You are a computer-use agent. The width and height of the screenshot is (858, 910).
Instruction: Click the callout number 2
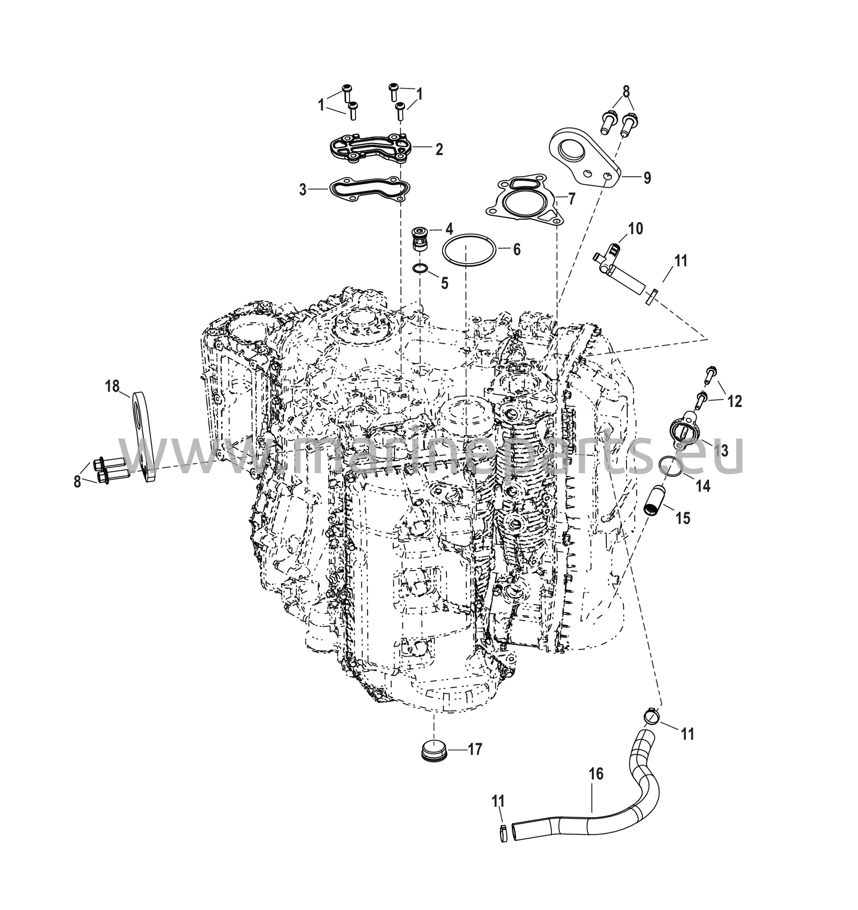tap(439, 149)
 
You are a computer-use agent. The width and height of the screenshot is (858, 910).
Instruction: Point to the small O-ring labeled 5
tap(420, 268)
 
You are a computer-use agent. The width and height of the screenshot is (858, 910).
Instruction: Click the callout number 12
tap(734, 401)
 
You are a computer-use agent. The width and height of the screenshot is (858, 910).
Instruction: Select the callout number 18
tap(112, 386)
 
